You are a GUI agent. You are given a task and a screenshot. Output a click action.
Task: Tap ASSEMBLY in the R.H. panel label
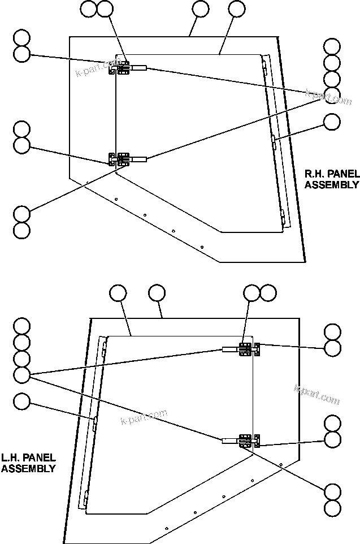(332, 184)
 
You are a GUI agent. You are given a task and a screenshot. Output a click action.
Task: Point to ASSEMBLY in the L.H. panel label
(28, 469)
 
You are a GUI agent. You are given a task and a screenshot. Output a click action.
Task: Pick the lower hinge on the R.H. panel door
(122, 159)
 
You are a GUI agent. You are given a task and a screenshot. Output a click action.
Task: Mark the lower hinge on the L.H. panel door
(247, 441)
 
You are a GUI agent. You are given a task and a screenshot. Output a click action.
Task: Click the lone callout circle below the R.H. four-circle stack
(332, 121)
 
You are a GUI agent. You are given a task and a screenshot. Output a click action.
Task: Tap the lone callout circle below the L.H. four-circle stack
(22, 401)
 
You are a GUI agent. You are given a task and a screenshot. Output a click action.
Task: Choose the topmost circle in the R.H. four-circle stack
(332, 46)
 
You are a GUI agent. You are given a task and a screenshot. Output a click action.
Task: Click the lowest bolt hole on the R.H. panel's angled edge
(202, 247)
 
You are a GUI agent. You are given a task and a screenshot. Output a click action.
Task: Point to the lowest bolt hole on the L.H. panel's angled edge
(166, 528)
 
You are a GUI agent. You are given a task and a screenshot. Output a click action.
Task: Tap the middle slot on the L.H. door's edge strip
(95, 420)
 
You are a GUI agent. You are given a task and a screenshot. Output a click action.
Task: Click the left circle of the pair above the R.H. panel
(89, 8)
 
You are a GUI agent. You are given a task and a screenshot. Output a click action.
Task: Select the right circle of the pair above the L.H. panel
(268, 293)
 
